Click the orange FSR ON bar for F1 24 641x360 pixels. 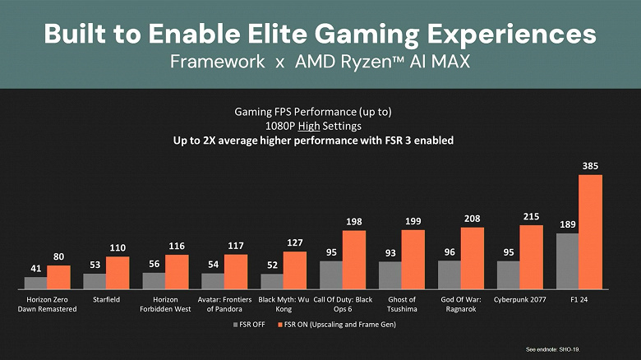click(x=590, y=232)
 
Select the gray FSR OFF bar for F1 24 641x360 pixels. click(x=567, y=261)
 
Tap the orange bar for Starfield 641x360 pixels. click(x=118, y=272)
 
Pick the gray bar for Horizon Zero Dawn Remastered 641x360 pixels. click(x=35, y=283)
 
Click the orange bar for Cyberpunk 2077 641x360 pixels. click(x=531, y=256)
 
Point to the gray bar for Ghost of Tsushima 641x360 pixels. click(x=390, y=275)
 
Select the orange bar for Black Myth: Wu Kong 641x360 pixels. click(x=294, y=270)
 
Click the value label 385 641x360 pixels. click(x=590, y=166)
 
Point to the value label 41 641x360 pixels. click(x=35, y=269)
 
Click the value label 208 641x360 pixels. click(x=472, y=219)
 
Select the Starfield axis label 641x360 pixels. click(x=106, y=300)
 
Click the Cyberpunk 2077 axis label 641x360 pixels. click(x=519, y=300)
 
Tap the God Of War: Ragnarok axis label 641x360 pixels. click(x=460, y=304)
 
